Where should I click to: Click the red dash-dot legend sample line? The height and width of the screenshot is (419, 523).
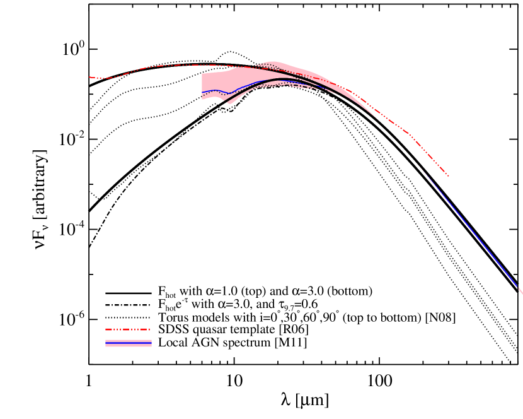point(127,329)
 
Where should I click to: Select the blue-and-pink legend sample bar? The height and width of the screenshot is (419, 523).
point(129,343)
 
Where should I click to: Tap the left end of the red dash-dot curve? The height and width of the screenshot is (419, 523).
point(89,77)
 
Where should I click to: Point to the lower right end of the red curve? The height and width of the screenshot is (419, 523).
point(448,175)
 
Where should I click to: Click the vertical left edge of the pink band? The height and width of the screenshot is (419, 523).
point(202,86)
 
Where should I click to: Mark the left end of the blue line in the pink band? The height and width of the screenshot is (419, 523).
point(202,93)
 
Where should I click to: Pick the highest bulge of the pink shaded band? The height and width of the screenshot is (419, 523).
point(272,62)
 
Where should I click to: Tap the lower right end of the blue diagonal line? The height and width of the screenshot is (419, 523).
point(517,287)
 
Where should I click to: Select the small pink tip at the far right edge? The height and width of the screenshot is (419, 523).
point(520,292)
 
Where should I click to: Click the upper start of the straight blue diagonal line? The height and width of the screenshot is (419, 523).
point(417,163)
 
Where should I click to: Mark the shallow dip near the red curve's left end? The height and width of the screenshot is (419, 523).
point(105,78)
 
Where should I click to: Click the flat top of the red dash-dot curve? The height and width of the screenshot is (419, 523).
point(189,64)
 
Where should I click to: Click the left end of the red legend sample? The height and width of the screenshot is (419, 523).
point(106,329)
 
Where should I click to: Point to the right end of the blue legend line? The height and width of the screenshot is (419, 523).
point(151,341)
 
